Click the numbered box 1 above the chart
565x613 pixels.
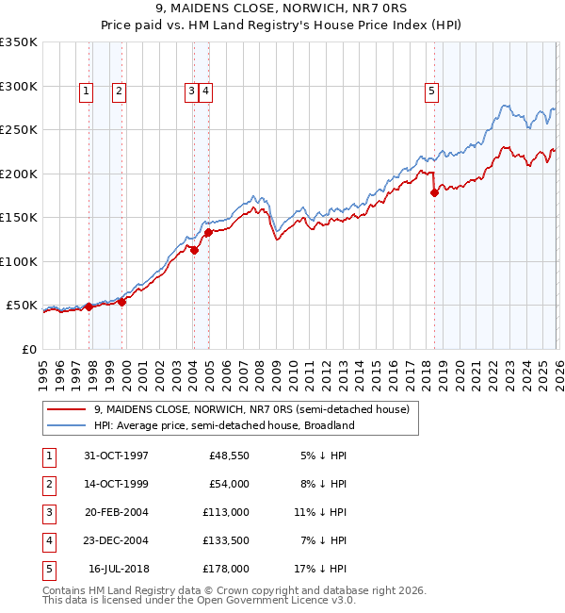[x=86, y=91]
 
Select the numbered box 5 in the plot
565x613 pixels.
[x=431, y=91]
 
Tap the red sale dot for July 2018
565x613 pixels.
[x=434, y=193]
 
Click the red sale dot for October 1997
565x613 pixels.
[x=89, y=306]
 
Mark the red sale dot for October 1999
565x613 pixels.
[x=121, y=302]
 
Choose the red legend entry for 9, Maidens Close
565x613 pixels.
[x=251, y=410]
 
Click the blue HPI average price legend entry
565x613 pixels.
[x=223, y=425]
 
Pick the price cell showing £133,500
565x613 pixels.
[x=226, y=540]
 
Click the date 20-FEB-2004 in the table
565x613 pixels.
[x=116, y=512]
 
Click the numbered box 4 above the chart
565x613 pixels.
[x=204, y=91]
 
